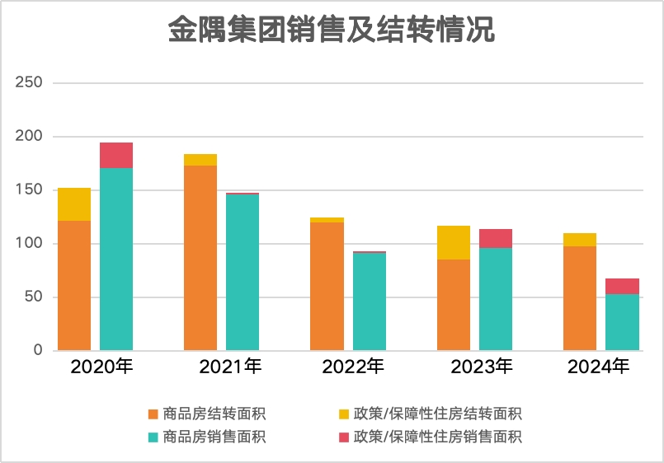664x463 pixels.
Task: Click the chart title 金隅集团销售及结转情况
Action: tap(332, 31)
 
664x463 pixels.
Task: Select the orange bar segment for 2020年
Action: tap(74, 285)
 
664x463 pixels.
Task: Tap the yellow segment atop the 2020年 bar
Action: tap(74, 203)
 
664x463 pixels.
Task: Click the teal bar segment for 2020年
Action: tap(116, 259)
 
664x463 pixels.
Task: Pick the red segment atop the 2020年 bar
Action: tap(116, 155)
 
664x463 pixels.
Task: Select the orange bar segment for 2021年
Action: tap(200, 258)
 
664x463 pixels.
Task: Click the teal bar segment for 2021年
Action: tap(243, 272)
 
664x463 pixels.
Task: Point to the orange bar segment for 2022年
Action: tap(327, 286)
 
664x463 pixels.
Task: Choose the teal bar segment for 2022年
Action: tap(369, 301)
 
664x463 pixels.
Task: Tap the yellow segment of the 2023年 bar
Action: tap(454, 242)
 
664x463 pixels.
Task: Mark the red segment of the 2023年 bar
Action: tap(496, 238)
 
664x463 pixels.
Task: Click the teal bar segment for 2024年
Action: tap(622, 322)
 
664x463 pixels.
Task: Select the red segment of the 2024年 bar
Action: tap(622, 286)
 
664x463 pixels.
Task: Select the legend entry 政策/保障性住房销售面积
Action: tap(437, 436)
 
